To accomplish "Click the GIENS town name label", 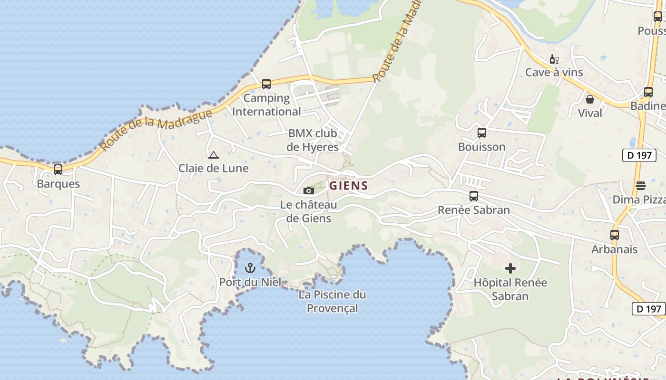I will pos(349,185).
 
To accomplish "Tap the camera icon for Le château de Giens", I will pos(309,190).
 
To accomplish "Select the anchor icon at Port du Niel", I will pos(250,268).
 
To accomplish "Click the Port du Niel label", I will pos(250,282).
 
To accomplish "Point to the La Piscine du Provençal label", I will pos(332,301).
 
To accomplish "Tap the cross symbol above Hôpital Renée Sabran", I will pos(510,268).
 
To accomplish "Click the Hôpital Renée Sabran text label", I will pos(510,289).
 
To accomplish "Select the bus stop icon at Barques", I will pos(58,170).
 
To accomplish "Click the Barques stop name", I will pos(59,184).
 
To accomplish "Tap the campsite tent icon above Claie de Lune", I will pos(214,154).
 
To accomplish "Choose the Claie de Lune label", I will pos(214,168).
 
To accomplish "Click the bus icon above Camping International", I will pos(266,84).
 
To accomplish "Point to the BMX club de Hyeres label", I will pos(313,140).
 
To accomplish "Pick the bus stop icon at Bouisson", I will pos(482,133).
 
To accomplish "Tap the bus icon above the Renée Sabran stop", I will pos(474,196).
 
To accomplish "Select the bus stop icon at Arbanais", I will pos(615,235).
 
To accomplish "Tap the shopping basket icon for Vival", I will pos(590,99).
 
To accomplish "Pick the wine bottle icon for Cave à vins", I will pos(554,59).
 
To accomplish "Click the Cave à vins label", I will pos(554,72).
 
